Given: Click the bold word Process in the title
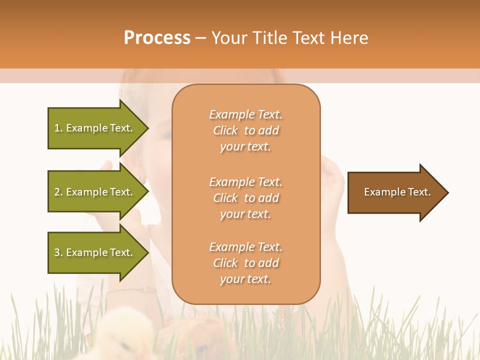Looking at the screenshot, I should click(x=157, y=38).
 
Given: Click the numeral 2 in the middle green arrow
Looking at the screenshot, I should click(x=57, y=192).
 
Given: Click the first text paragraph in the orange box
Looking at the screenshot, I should click(x=245, y=130).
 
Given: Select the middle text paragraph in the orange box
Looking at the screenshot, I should click(x=245, y=198).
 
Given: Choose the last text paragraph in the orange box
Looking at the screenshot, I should click(x=245, y=263).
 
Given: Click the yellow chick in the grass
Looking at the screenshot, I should click(x=125, y=335).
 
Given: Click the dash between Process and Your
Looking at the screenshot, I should click(x=201, y=38).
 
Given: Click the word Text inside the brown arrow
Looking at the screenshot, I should click(x=420, y=192).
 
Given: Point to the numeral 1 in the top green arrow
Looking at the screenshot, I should click(x=57, y=128).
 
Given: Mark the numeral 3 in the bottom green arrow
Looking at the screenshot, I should click(x=57, y=252).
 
